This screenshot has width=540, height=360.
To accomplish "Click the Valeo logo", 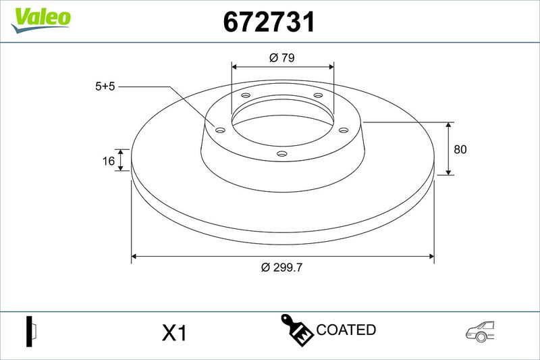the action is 40,20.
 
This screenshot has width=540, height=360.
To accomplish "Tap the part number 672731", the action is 269,22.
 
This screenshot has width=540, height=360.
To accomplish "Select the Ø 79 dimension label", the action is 282,57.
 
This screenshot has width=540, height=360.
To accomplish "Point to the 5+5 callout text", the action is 105,86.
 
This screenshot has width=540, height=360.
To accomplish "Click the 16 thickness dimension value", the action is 109,161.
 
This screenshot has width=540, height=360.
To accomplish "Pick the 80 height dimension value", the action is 460,149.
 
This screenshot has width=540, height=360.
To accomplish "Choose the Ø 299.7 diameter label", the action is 281,267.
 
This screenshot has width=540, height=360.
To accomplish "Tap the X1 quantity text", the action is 174,333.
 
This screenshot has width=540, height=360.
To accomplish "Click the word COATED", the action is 346,330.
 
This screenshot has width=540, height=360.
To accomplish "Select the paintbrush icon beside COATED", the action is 297,329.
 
